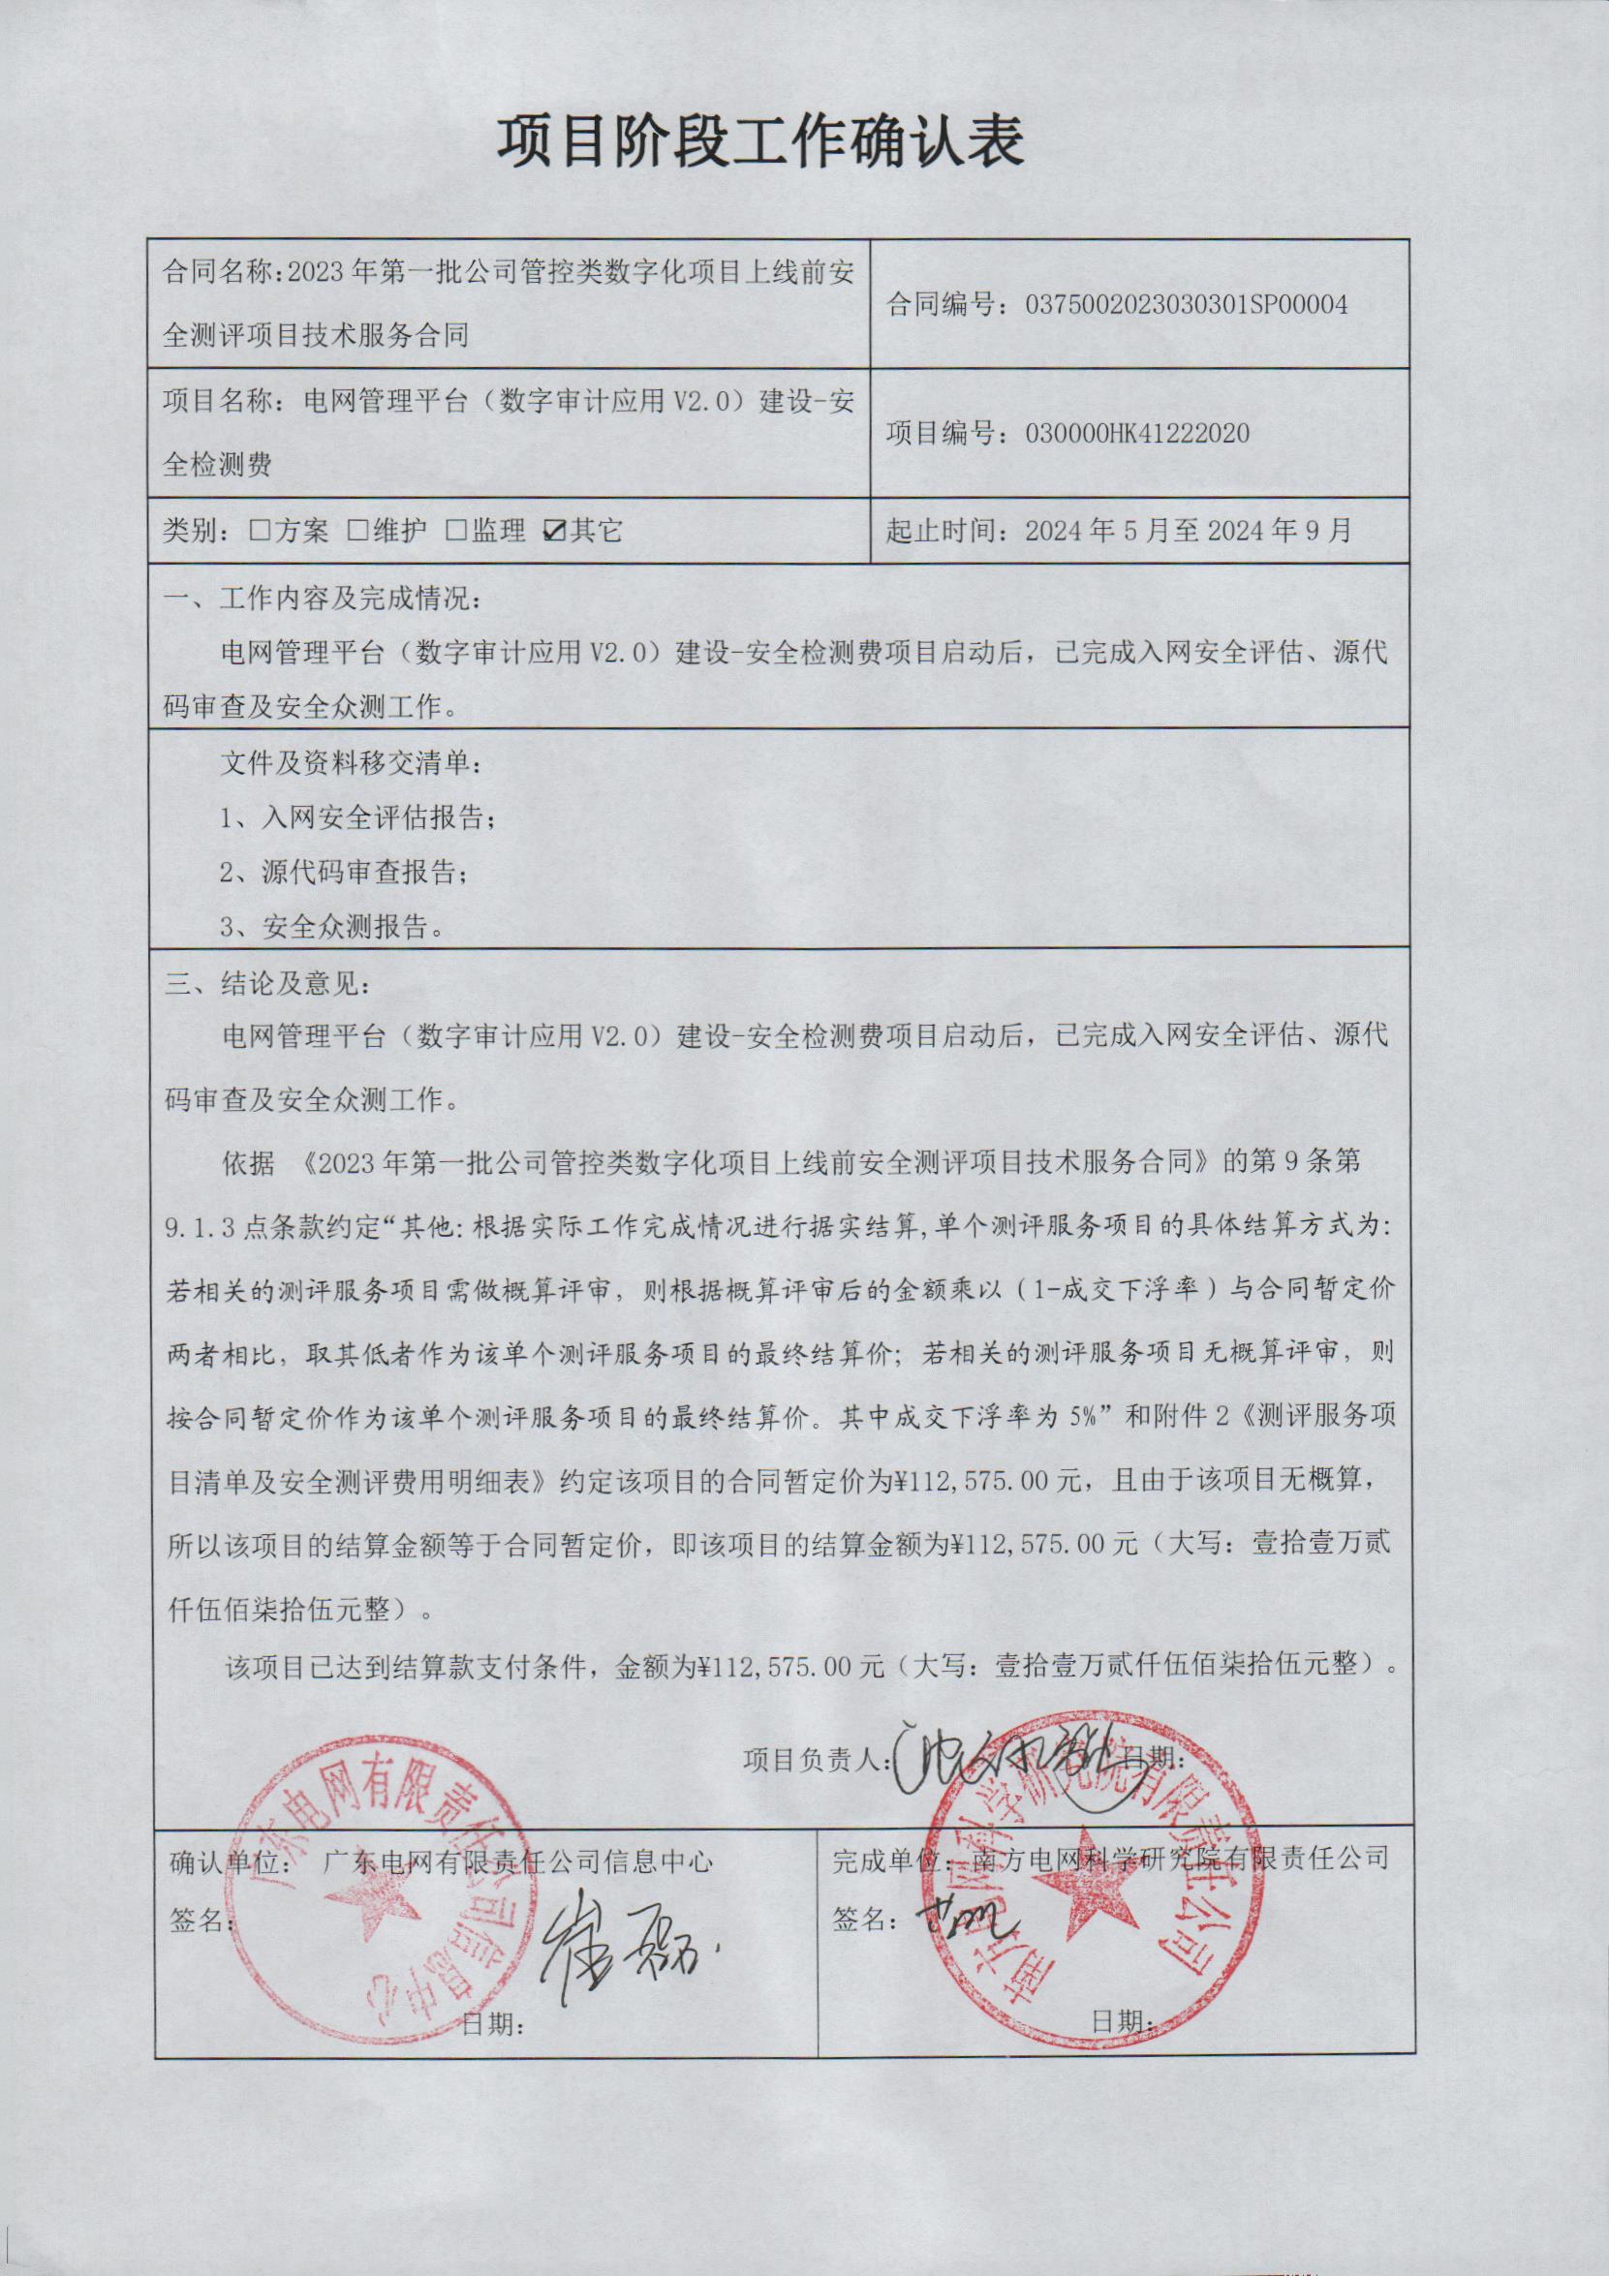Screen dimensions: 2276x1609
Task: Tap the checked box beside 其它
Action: (554, 532)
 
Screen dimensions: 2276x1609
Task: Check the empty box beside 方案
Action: (261, 532)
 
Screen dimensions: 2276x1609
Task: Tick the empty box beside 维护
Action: (357, 532)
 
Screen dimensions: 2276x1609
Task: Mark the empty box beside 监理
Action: (456, 532)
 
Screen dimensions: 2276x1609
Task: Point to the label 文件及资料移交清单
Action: (354, 765)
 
